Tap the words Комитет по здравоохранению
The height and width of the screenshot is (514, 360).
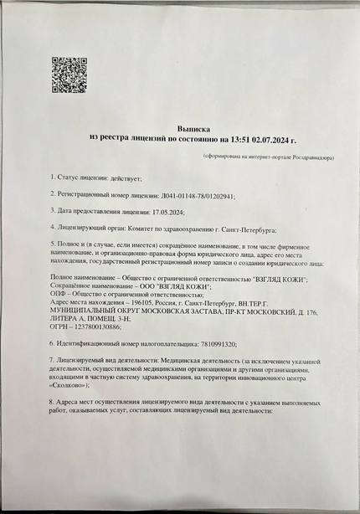pyautogui.click(x=170, y=228)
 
